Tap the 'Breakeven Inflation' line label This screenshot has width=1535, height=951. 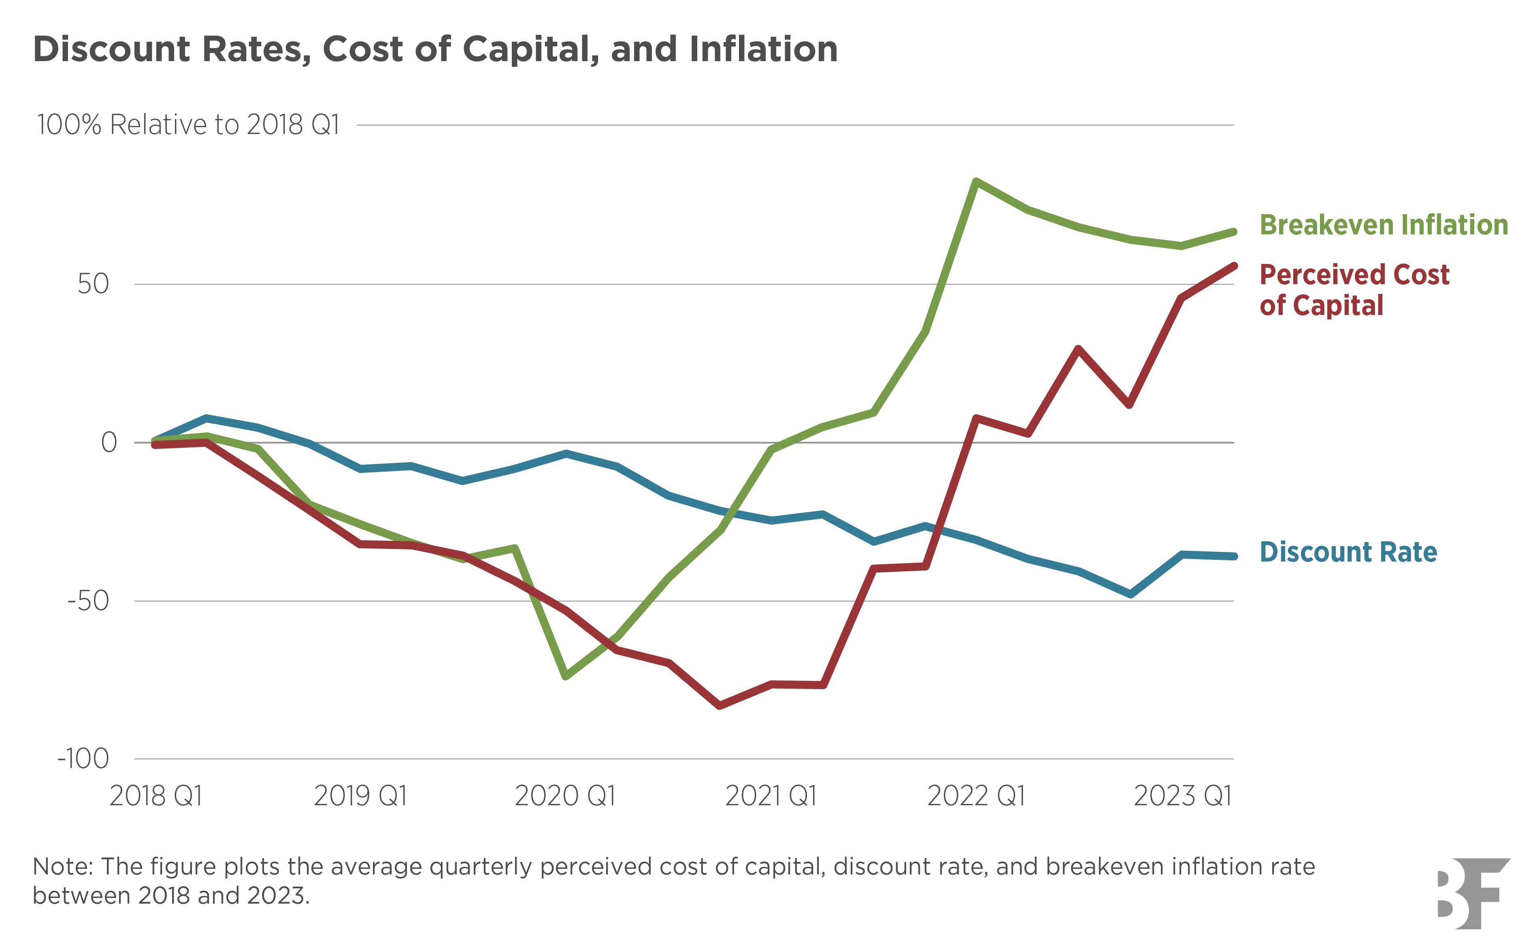coord(1384,225)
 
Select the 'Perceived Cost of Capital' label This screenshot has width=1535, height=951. coord(1354,290)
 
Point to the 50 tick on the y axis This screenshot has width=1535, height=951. coord(93,284)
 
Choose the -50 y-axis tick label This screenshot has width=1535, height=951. coord(88,601)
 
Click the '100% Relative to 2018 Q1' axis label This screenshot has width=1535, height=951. coord(188,125)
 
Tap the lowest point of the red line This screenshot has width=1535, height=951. coord(720,706)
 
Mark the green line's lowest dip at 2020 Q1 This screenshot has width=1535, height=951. coord(566,676)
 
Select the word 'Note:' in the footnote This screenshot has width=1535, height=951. coord(62,867)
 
